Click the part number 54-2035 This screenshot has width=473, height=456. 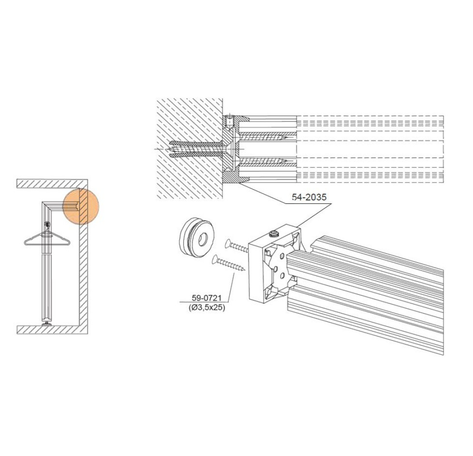coord(309,197)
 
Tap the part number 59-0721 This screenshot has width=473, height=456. coord(207,298)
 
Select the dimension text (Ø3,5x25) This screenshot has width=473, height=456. coord(207,308)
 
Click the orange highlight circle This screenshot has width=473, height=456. coord(81,207)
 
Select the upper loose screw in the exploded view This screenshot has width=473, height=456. coord(237,246)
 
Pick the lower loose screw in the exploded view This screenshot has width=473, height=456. coord(229,263)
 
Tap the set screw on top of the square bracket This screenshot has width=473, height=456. coord(274,233)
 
